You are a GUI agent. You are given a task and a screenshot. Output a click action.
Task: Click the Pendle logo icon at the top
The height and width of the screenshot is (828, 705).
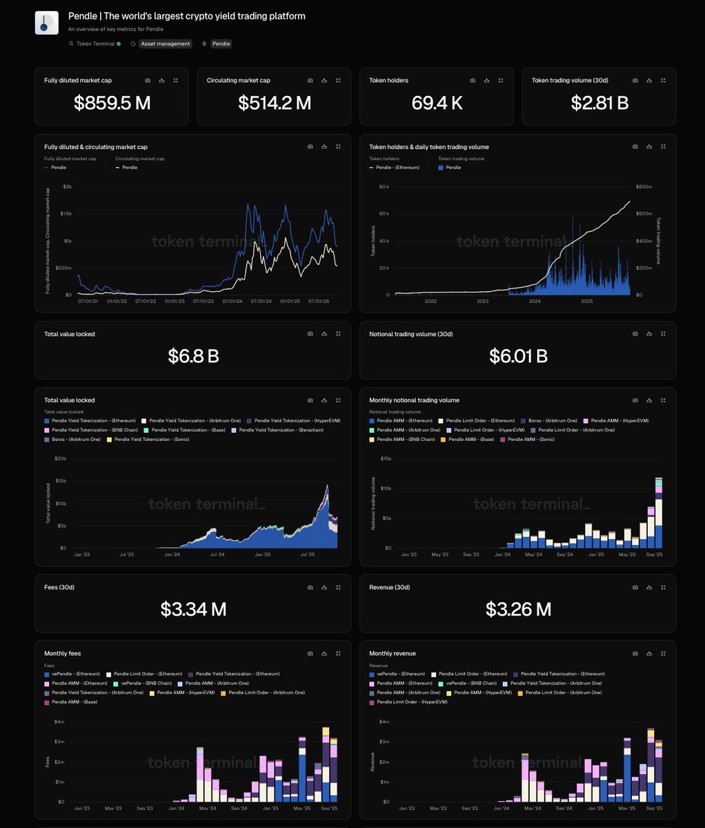(x=47, y=23)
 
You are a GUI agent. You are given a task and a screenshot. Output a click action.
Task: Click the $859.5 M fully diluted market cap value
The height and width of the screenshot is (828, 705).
(x=112, y=103)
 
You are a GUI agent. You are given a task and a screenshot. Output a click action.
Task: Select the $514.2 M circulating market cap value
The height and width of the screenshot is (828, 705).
(x=275, y=103)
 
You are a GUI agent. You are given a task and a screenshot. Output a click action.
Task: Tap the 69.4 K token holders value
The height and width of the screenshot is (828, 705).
(x=437, y=103)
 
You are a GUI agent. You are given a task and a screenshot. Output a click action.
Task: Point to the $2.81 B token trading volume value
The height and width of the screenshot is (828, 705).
(x=599, y=103)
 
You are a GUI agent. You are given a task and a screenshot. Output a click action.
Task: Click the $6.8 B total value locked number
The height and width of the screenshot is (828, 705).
(x=193, y=356)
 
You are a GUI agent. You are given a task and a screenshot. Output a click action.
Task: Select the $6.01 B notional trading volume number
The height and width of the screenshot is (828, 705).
(x=518, y=356)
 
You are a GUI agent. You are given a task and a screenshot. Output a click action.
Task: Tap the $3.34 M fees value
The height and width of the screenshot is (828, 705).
(x=193, y=609)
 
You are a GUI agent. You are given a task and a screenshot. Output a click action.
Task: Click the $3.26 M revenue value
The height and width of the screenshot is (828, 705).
(x=518, y=609)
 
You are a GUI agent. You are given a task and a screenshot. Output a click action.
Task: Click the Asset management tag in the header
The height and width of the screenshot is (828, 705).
(x=165, y=43)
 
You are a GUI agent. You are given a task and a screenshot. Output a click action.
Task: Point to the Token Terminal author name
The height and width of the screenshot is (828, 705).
(x=95, y=43)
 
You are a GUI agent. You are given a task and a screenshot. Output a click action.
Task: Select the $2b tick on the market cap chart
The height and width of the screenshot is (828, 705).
(x=67, y=187)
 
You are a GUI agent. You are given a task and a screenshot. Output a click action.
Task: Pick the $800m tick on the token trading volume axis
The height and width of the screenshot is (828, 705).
(x=644, y=187)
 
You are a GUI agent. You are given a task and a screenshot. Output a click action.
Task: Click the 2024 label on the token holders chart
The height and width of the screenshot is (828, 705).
(x=535, y=302)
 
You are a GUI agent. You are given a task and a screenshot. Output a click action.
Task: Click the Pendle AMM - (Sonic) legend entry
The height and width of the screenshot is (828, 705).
(x=530, y=440)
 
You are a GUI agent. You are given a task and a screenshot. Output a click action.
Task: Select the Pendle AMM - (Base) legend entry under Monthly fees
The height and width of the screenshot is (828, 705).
(x=76, y=702)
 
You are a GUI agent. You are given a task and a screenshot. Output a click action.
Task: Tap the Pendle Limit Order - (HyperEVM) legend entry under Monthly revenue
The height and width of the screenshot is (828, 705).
(x=411, y=702)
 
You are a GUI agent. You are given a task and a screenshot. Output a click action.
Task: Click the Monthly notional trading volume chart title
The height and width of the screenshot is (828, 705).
(x=414, y=400)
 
